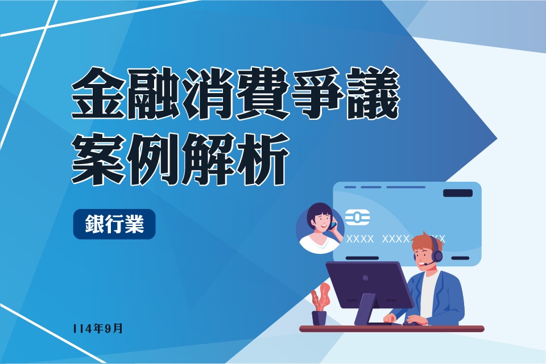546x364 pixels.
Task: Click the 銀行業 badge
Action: [114, 224]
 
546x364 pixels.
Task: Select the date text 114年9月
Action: [97, 328]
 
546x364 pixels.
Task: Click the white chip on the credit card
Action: [357, 217]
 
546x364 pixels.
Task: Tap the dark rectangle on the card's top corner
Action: [457, 193]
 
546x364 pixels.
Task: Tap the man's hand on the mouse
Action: [413, 321]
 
